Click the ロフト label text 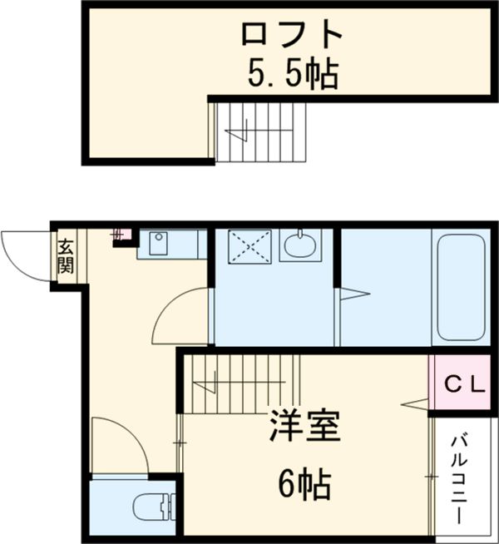click(x=292, y=36)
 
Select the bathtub click(x=461, y=286)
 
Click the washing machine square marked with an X click(x=250, y=246)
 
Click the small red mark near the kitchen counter click(x=119, y=235)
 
